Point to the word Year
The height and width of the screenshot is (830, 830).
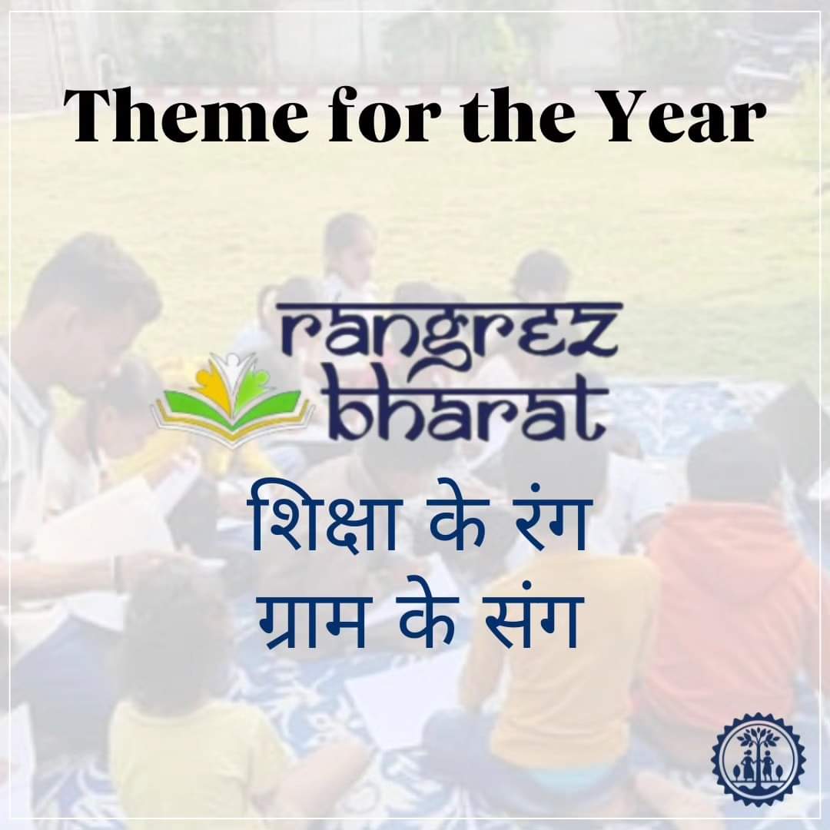676,117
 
